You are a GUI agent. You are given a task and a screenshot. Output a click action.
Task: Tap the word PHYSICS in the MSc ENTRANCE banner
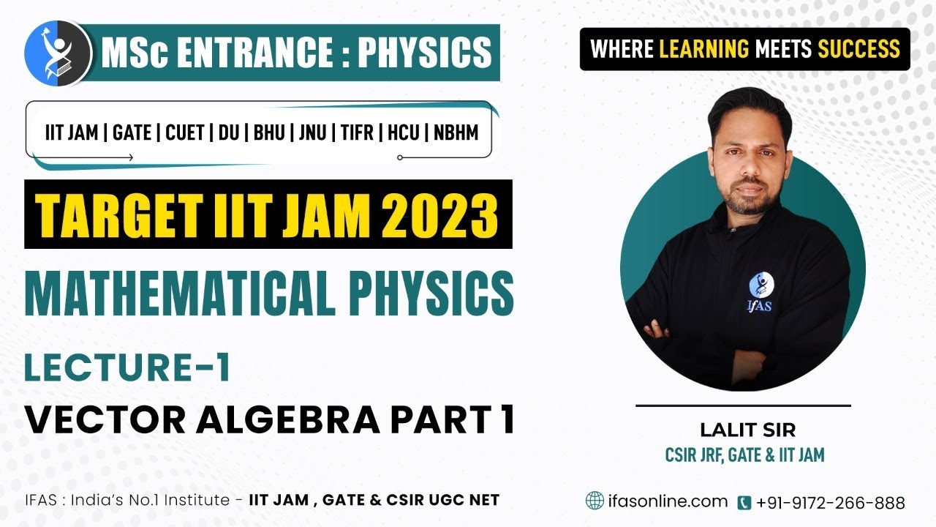[x=424, y=52]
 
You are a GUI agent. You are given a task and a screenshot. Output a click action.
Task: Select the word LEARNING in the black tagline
[x=704, y=49]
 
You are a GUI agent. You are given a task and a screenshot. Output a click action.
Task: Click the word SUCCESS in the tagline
[x=858, y=49]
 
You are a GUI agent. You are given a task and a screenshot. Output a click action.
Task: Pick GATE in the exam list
[x=132, y=133]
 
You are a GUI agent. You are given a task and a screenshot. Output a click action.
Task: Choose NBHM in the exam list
[x=456, y=133]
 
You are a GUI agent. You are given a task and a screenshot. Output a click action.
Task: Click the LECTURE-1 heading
[x=128, y=368]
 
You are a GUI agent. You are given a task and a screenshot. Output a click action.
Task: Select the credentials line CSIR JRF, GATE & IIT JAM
[x=744, y=455]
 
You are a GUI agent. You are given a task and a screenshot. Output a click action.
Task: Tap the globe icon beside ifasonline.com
[x=595, y=501]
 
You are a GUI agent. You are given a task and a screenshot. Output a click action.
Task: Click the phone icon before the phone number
[x=744, y=503]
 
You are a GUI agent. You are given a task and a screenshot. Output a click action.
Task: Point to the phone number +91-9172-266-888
[x=830, y=503]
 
